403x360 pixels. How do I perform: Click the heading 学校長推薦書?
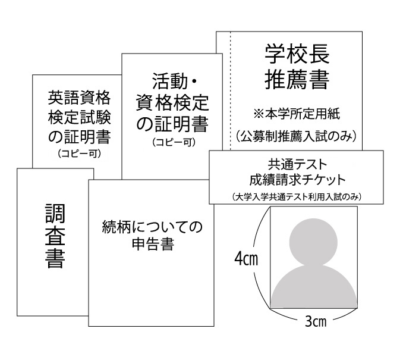[296, 66]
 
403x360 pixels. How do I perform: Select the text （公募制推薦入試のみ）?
[296, 136]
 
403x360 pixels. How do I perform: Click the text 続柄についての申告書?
[152, 235]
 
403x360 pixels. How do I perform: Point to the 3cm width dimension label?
[315, 321]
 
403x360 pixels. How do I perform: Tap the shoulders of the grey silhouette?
[314, 286]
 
